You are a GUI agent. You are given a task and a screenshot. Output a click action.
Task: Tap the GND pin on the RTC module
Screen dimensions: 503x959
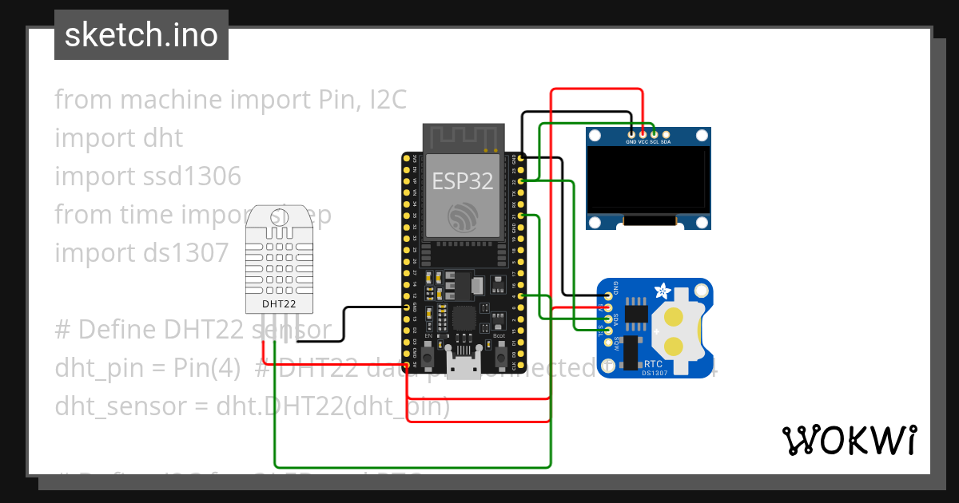click(608, 296)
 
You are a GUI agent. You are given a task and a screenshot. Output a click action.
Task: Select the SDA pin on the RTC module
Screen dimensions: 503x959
click(608, 319)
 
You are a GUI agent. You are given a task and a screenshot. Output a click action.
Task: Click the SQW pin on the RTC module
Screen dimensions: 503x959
click(608, 343)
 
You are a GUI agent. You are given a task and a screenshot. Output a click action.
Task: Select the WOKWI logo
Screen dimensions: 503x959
click(848, 440)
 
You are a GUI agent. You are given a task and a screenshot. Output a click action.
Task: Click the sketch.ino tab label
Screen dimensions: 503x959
click(141, 35)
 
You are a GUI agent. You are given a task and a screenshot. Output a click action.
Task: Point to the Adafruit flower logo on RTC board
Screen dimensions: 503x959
click(663, 291)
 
